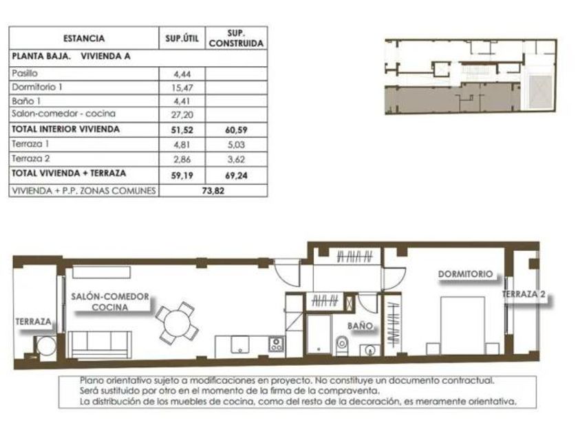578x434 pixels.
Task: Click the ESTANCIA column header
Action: coord(84,39)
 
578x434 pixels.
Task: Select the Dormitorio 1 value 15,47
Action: coord(182,88)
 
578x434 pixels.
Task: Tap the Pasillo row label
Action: coord(25,73)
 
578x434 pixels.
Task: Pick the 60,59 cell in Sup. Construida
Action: coord(236,130)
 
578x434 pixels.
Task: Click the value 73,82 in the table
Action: coord(213,191)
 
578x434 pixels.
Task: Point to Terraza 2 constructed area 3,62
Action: coord(236,159)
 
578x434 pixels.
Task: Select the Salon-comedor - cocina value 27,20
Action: coord(182,115)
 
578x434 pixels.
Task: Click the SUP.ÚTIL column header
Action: coord(182,39)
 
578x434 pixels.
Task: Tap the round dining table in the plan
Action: coord(177,323)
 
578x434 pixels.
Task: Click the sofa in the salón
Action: coord(100,344)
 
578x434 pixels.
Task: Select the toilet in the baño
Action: coord(342,345)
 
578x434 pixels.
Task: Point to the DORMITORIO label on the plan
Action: coord(465,274)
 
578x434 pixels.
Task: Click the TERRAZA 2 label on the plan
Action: coord(524,295)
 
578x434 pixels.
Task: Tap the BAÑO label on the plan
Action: coord(360,326)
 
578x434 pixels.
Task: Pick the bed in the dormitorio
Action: coord(463,325)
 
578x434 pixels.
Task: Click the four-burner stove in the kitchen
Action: coord(276,344)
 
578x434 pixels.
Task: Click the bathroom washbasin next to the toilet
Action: coord(370,349)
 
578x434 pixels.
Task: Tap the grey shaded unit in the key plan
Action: coord(452,99)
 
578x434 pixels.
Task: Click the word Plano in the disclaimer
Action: coord(91,380)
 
